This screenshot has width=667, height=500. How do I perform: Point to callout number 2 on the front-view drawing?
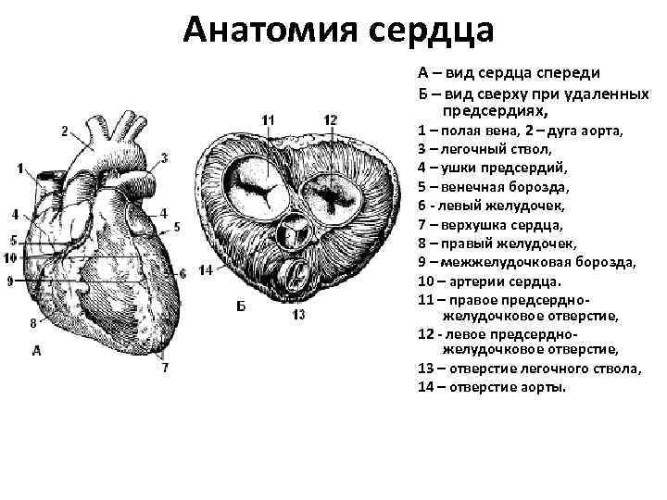coord(64,131)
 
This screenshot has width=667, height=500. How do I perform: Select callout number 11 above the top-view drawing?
coord(269,119)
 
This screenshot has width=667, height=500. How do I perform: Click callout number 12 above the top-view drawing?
coord(331,119)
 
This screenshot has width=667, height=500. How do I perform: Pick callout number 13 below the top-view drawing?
coord(298,315)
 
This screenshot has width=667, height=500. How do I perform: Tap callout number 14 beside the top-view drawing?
coord(206,269)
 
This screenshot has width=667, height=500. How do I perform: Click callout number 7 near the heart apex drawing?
coord(166,367)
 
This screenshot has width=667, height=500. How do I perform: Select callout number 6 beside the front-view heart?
coord(182,273)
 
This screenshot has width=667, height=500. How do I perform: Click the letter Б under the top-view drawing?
coord(241,306)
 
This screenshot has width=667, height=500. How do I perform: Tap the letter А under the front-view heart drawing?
coord(37,350)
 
